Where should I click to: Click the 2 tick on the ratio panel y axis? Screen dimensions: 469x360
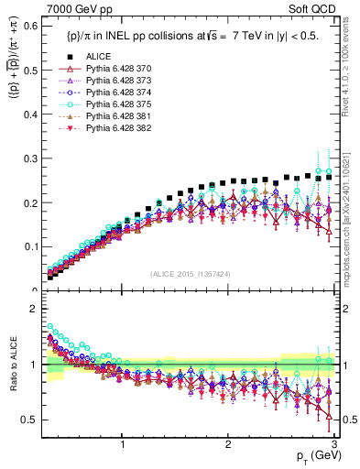(x=34, y=309)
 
